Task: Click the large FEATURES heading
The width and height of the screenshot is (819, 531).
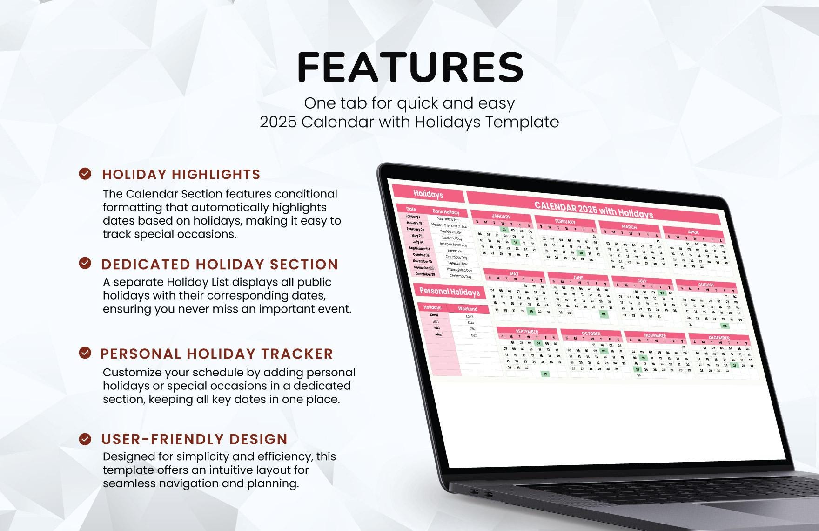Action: pos(410,68)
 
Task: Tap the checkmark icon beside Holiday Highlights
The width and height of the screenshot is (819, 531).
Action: pos(85,174)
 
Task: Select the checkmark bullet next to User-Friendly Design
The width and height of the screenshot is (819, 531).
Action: pos(85,439)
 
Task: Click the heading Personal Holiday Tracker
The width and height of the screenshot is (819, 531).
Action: pos(217,354)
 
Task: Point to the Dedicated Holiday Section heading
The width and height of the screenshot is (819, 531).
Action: pos(220,264)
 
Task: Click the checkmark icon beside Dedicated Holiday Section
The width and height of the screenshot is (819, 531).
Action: pos(85,263)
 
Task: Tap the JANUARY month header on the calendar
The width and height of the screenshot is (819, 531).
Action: pos(501,217)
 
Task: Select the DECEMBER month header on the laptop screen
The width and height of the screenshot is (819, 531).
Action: pos(718,337)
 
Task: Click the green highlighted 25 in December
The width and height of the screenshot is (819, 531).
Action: pos(734,366)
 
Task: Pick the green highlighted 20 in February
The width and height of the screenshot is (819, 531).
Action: pos(581,253)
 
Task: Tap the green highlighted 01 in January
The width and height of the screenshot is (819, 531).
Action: pos(504,230)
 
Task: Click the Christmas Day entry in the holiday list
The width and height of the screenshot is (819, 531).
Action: pos(460,276)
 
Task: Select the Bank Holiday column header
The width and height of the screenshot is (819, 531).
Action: pos(446,212)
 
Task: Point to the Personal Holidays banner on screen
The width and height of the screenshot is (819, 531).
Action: pos(449,292)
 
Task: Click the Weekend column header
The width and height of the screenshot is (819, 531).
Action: pos(467,309)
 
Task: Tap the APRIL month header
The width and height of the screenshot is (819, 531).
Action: pos(693,232)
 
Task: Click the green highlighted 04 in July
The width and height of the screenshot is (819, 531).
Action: pos(662,293)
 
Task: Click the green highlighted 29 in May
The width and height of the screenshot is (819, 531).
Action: pos(531,311)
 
